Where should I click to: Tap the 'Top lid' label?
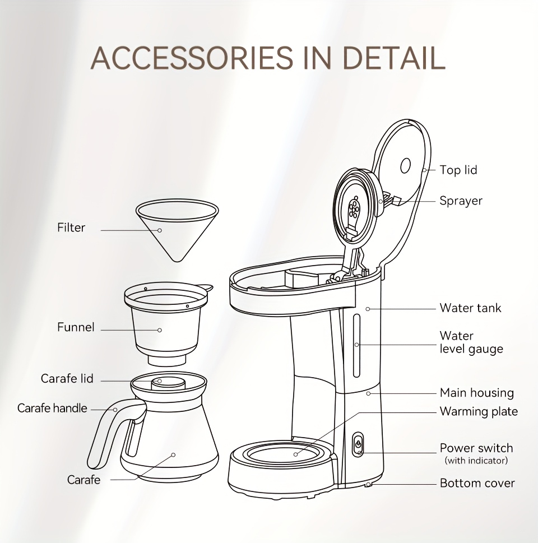tap(458, 170)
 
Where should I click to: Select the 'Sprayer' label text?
tap(461, 201)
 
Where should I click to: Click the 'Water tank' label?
tap(470, 308)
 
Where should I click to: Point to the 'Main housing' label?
tap(477, 393)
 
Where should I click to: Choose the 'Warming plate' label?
tap(479, 411)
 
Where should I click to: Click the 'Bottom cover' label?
tap(477, 483)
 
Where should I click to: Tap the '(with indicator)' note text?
tap(476, 461)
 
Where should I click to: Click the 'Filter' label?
tap(71, 228)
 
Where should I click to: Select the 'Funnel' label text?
tap(76, 327)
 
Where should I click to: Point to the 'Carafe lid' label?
tap(67, 378)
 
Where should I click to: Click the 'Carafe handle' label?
tap(52, 409)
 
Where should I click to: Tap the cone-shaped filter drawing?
tap(177, 229)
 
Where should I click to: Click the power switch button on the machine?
tap(358, 444)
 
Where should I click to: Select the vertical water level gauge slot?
tap(356, 345)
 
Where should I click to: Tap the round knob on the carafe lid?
tap(168, 383)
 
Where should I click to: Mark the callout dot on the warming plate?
tap(295, 454)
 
